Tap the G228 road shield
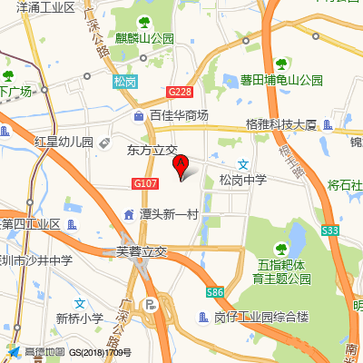click(180, 92)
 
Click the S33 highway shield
click(329, 232)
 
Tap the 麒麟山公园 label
click(144, 38)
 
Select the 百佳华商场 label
click(179, 115)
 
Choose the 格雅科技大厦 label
click(280, 124)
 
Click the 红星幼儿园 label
click(64, 142)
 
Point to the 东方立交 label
click(152, 149)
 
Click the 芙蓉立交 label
click(142, 251)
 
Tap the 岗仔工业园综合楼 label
click(261, 318)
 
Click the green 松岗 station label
click(125, 82)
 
